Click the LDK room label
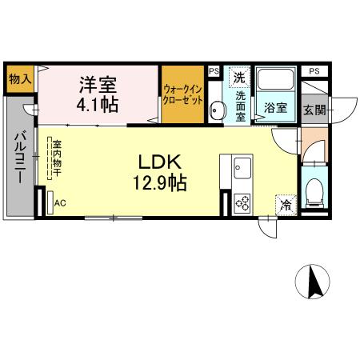pyautogui.click(x=164, y=158)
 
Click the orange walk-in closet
pyautogui.click(x=182, y=95)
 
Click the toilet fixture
pyautogui.click(x=315, y=190)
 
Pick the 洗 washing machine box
pyautogui.click(x=238, y=78)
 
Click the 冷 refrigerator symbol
pyautogui.click(x=286, y=204)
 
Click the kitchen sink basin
pyautogui.click(x=240, y=170)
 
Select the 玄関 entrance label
pyautogui.click(x=314, y=109)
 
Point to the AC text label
pyautogui.click(x=60, y=203)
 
